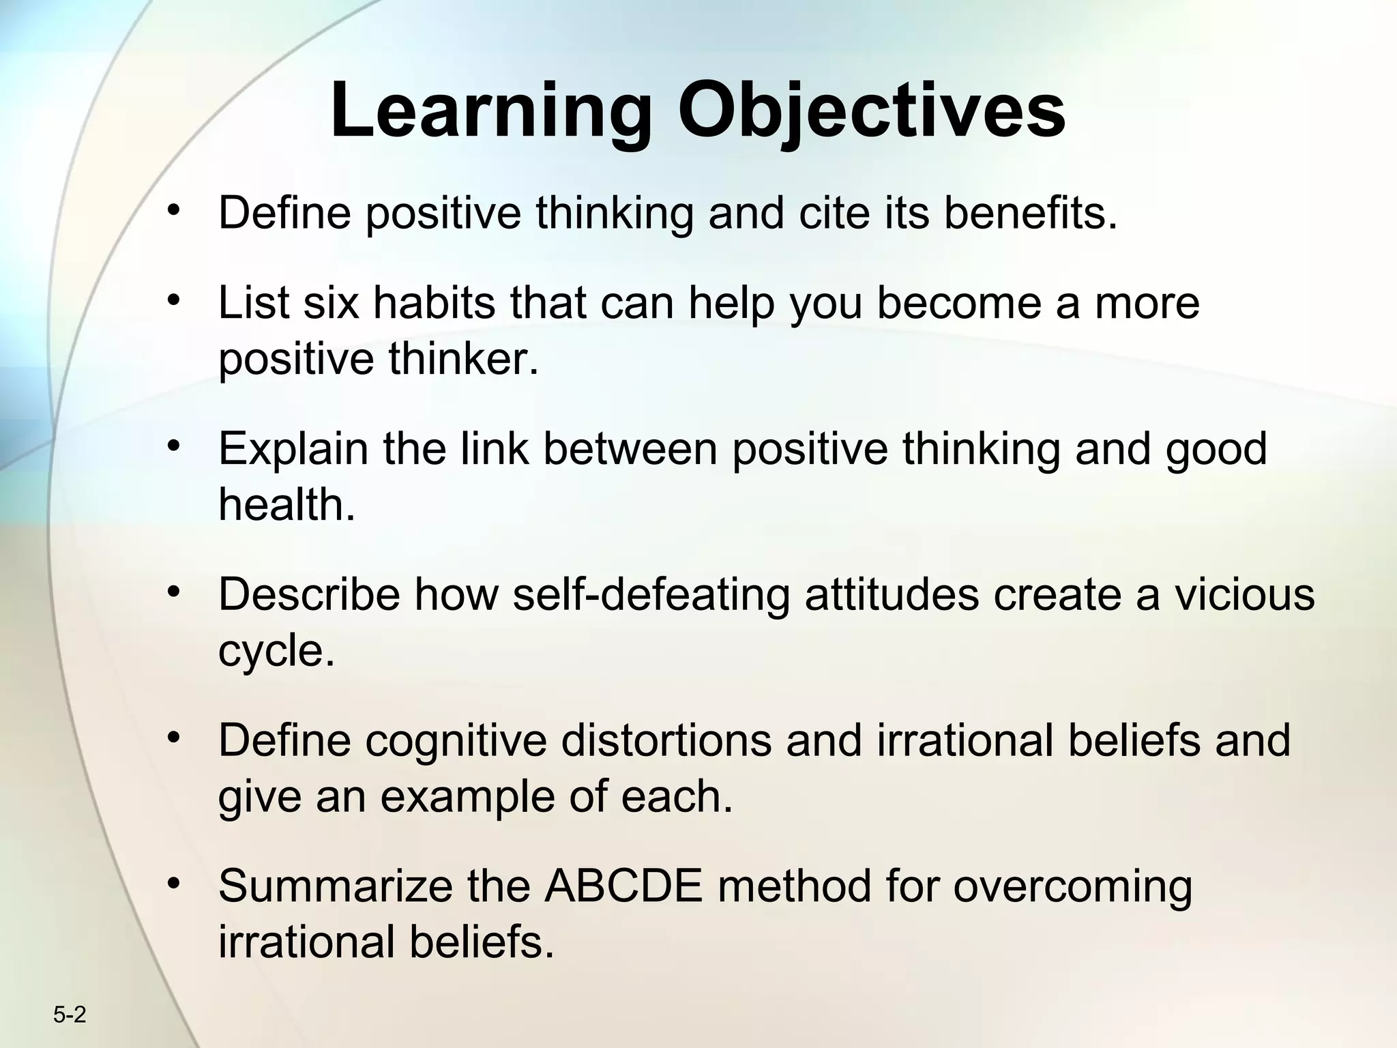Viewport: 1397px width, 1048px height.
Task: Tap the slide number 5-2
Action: pos(70,1016)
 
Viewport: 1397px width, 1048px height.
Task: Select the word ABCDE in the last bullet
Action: pos(623,886)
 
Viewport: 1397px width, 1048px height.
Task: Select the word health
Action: pos(286,505)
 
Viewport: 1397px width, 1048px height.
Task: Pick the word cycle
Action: pos(276,652)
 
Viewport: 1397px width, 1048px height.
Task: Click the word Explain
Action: pos(293,449)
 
